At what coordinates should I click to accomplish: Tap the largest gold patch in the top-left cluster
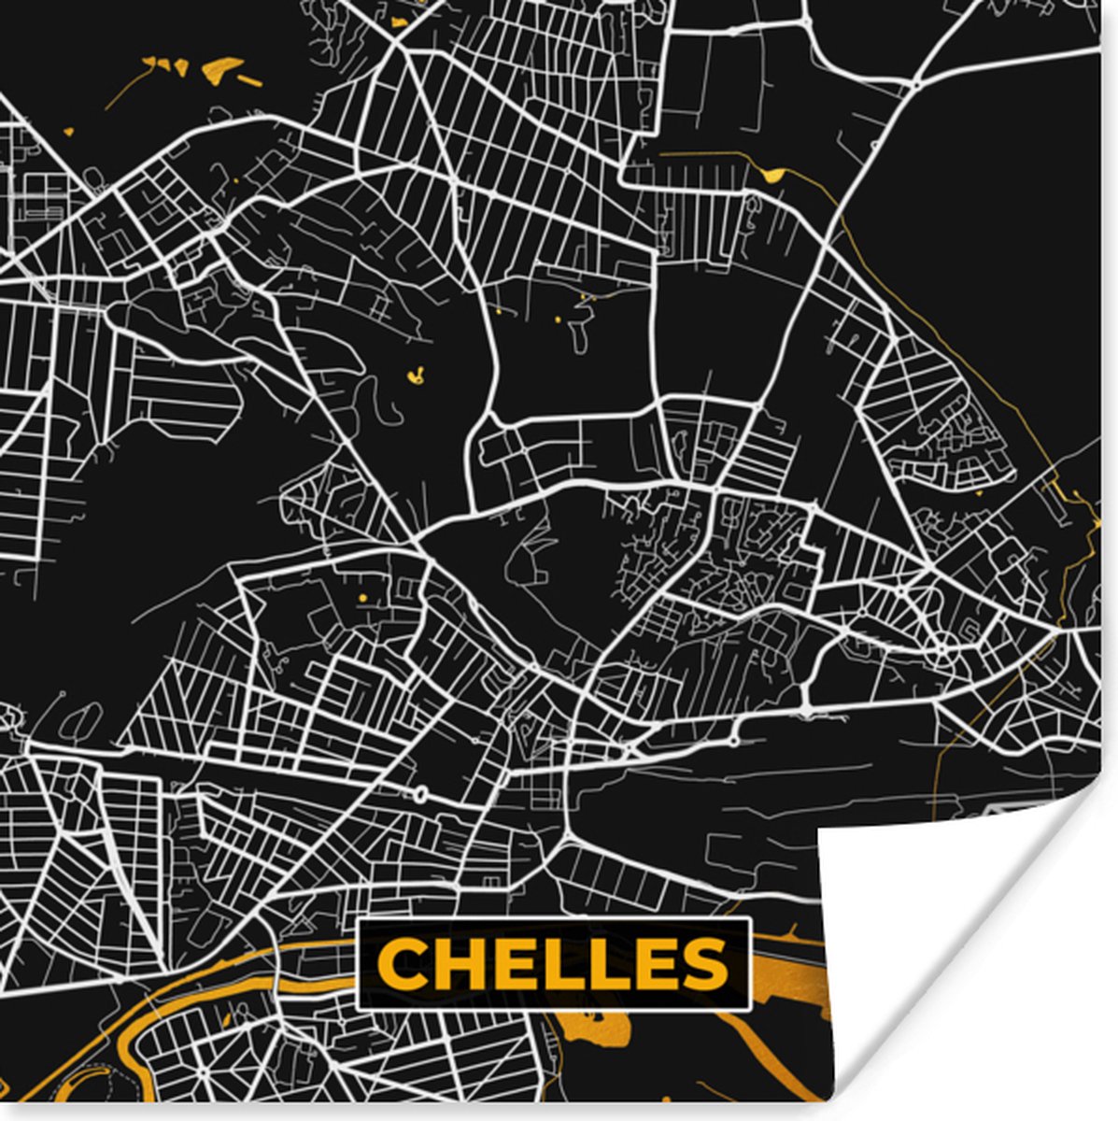(x=220, y=67)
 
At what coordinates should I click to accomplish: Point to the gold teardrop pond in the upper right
(x=772, y=173)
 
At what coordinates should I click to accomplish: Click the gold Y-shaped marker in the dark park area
(x=417, y=376)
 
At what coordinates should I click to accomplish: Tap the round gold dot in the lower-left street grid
(x=361, y=595)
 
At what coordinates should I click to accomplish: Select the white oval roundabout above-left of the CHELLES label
(x=420, y=795)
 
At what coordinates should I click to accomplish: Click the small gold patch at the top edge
(x=400, y=20)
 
